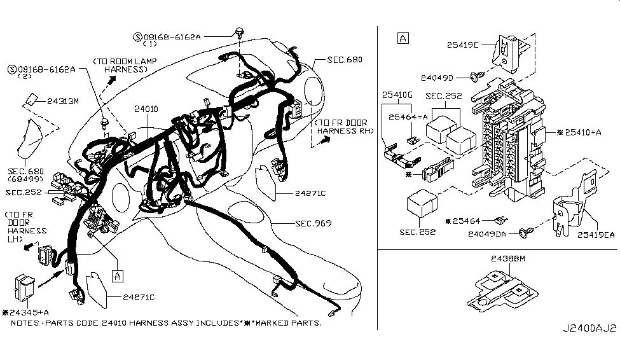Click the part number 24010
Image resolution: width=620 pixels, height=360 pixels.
tap(146, 109)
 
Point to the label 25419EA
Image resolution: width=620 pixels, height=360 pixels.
tap(596, 235)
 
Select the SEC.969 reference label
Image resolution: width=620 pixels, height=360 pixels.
tap(312, 223)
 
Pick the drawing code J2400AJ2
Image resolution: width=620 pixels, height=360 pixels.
tap(588, 329)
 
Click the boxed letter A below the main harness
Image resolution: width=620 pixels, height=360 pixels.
tap(117, 275)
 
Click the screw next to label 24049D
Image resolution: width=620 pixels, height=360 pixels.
tap(475, 78)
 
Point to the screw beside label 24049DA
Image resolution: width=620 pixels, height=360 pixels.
tap(525, 233)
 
